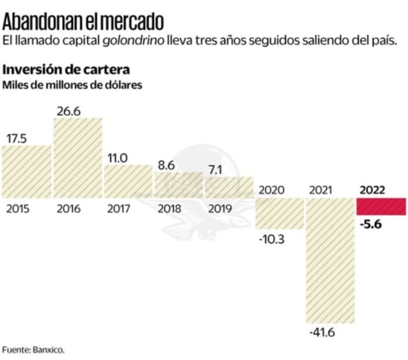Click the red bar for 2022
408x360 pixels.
point(381,206)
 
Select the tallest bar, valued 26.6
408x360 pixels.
point(78,157)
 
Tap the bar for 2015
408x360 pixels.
point(27,171)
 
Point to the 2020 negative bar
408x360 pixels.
point(280,213)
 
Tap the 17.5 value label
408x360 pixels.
point(17,138)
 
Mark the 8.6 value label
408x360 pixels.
point(167,164)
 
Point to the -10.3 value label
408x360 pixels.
point(271,237)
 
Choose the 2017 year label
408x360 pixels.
point(119,208)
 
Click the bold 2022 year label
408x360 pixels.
point(373,190)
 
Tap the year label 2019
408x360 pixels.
point(220,208)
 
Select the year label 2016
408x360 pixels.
point(69,208)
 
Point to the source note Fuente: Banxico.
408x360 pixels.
point(33,350)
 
